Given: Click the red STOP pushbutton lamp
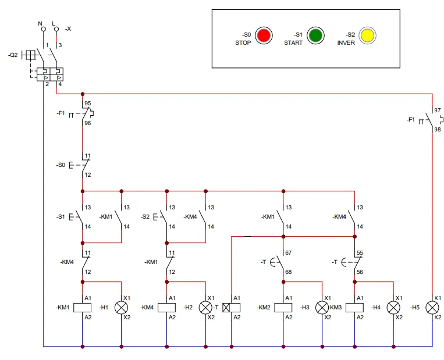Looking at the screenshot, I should pos(264,35).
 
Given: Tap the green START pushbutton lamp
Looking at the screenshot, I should pos(315,35).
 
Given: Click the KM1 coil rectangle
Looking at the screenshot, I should pos(82,308).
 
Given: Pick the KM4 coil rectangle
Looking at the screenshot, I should pos(166,308).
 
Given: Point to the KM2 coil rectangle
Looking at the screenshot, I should pos(283,308).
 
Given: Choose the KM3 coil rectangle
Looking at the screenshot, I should pos(354,308).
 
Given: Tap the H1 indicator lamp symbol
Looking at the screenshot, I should pos(121,308).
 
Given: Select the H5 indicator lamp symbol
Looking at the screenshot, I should pos(432,308).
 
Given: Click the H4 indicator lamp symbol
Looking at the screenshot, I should pos(393,308).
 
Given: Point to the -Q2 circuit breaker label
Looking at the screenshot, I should pos(13,55).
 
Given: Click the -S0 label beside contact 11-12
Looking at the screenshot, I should pos(61,165).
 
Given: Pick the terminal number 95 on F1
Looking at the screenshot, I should pos(88,103).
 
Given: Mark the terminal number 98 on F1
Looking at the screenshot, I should pos(438,130).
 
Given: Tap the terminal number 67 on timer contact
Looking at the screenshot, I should pos(289,254).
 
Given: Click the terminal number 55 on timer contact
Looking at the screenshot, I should pos(360,254).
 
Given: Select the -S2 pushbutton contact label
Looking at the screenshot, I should pos(145,216).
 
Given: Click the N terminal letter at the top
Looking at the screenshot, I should pos(41,23).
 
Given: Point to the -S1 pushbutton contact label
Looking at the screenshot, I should pos(61,216).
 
